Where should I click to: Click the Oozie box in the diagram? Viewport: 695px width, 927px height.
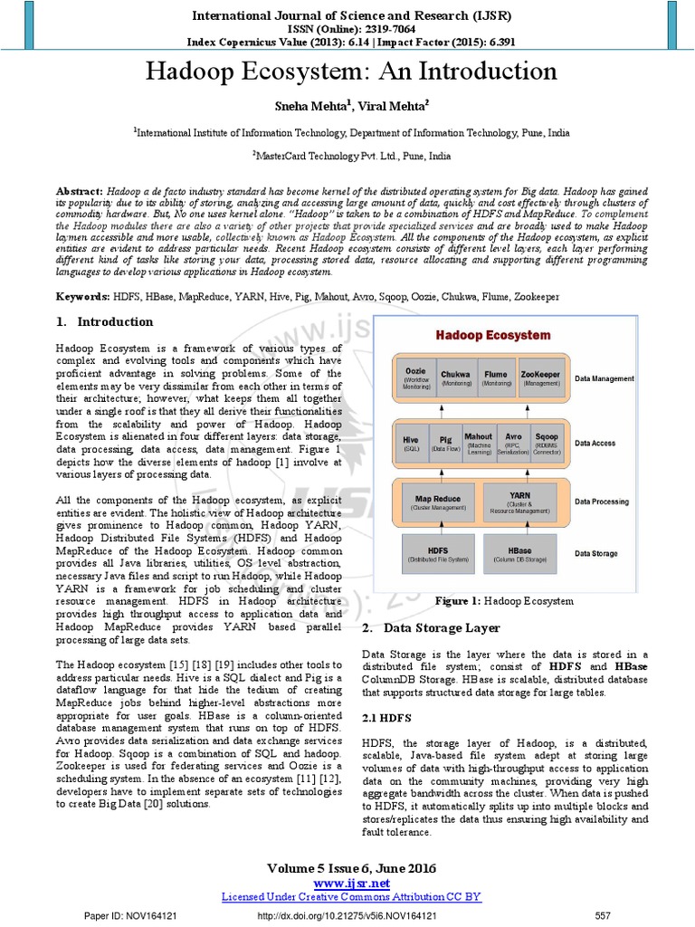(x=416, y=378)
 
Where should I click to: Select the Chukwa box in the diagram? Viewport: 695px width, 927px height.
(x=455, y=378)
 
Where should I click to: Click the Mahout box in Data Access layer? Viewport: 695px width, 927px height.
(x=478, y=443)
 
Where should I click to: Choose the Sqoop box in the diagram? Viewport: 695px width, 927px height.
(x=547, y=443)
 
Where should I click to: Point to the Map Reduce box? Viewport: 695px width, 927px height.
(x=437, y=502)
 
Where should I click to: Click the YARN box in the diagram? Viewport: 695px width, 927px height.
(x=519, y=502)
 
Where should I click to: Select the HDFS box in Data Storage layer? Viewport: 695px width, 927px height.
(x=437, y=554)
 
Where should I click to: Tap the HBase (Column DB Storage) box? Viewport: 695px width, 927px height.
(x=519, y=554)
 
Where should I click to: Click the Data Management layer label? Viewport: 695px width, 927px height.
(x=605, y=378)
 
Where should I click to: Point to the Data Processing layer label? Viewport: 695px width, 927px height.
(x=602, y=502)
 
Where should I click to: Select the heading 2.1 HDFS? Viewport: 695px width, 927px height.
(x=386, y=717)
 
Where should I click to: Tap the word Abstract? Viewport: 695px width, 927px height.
(x=80, y=193)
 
